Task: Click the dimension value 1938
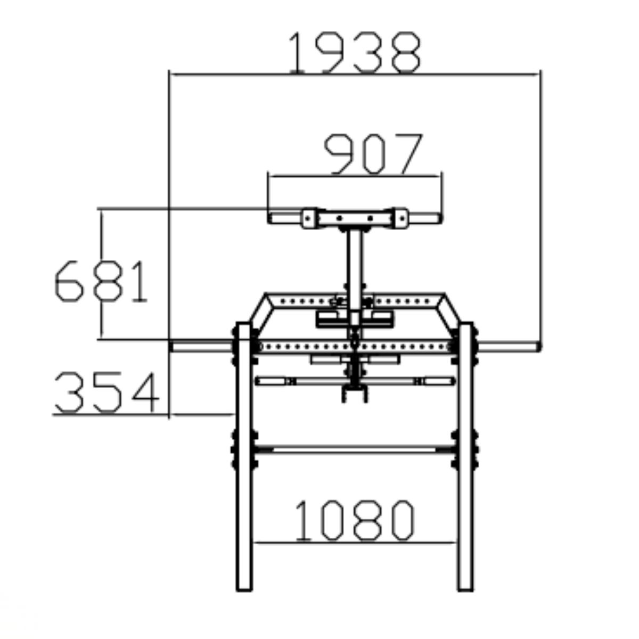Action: (x=354, y=52)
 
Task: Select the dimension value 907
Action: (x=373, y=153)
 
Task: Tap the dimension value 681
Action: (x=101, y=281)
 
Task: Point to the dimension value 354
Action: (x=107, y=392)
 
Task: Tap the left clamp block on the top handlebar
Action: (x=309, y=218)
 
